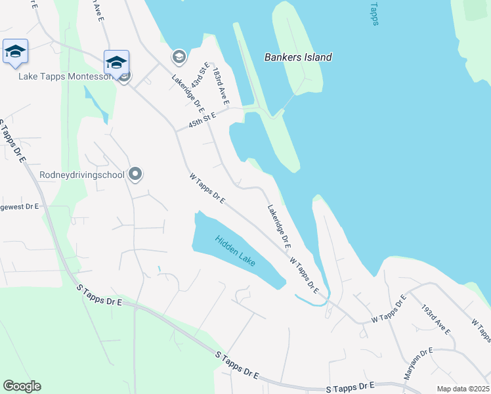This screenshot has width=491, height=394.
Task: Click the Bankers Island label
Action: [297, 57]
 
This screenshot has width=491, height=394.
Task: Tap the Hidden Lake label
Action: [235, 250]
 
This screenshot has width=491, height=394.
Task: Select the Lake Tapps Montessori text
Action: [66, 77]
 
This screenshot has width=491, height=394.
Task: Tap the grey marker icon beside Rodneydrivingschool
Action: [135, 174]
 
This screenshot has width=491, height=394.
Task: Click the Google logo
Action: [22, 386]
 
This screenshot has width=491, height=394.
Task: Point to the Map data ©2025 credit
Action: [463, 389]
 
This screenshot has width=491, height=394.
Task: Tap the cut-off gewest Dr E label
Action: [19, 206]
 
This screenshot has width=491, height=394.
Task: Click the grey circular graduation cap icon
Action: [179, 57]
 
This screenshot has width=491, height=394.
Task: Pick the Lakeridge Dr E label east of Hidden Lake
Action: [278, 226]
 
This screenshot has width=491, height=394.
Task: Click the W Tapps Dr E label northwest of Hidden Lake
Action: [207, 188]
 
